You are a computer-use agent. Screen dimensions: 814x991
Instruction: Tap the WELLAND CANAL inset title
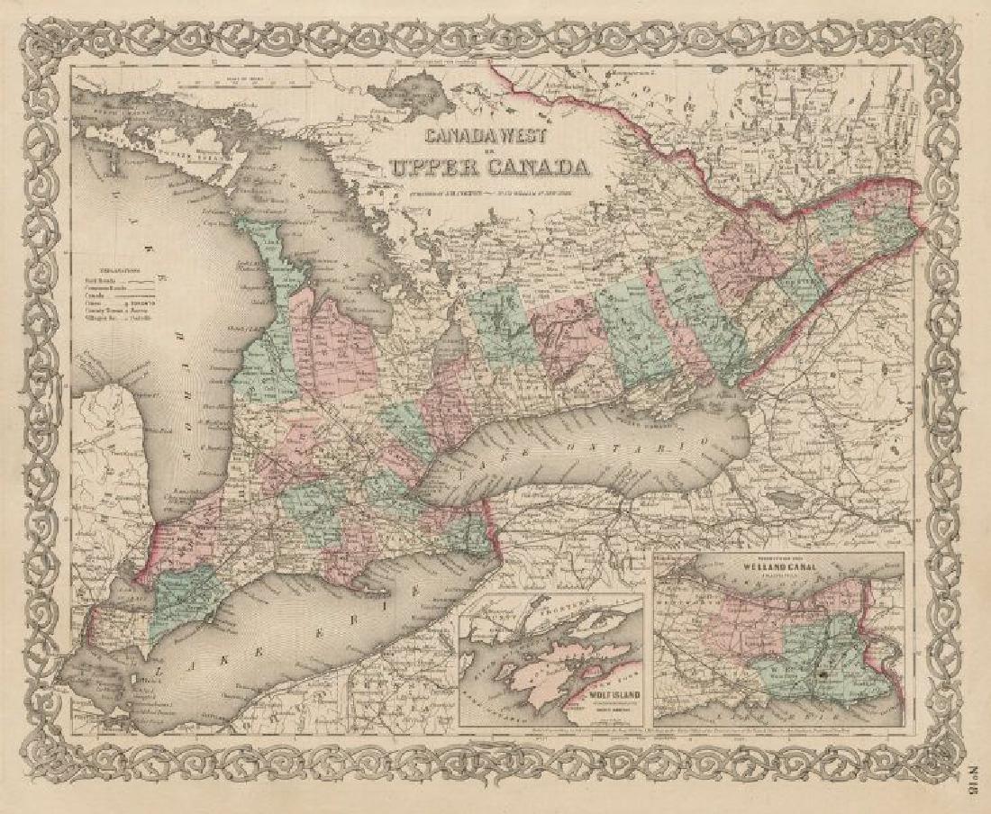[x=779, y=569]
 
